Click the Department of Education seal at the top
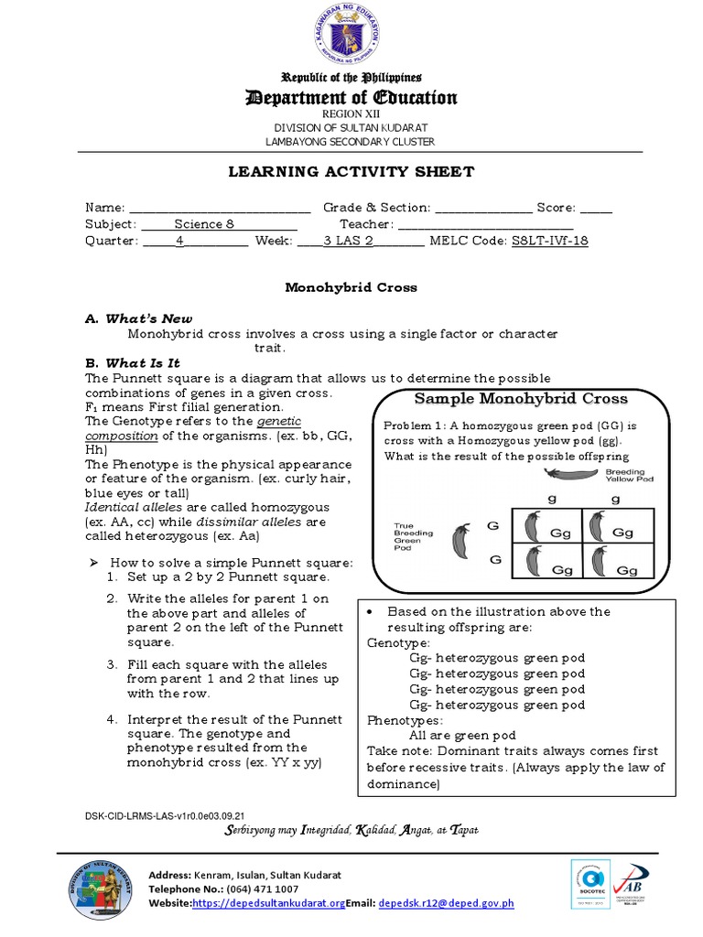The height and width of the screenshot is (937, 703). [x=351, y=38]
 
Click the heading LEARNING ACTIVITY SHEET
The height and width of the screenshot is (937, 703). [x=351, y=172]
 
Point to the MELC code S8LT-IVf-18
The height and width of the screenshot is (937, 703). [x=549, y=241]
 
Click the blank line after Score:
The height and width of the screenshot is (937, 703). [x=596, y=209]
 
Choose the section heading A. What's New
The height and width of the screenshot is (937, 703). [x=139, y=318]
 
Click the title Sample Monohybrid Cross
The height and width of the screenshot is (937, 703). [x=521, y=398]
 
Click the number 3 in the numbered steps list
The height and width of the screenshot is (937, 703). [x=111, y=664]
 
